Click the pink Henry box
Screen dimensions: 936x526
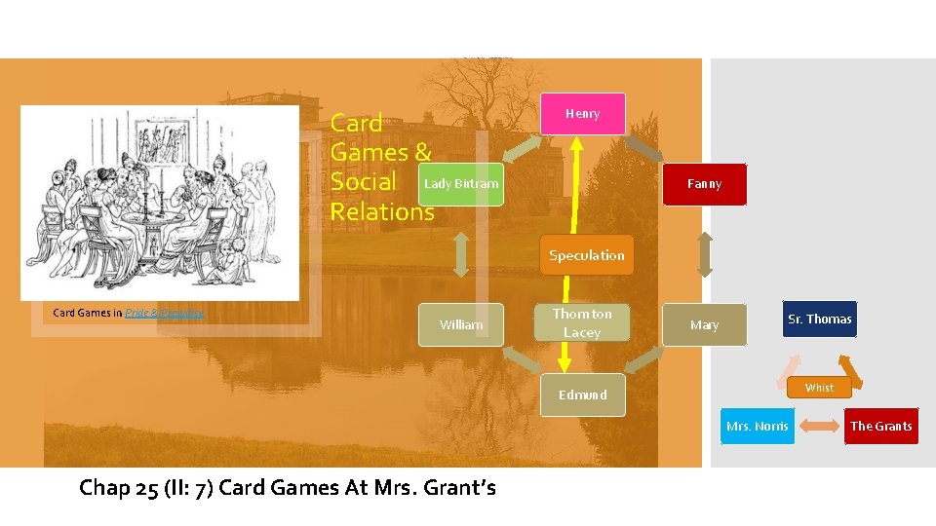pyautogui.click(x=582, y=114)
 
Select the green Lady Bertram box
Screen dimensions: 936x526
pyautogui.click(x=461, y=183)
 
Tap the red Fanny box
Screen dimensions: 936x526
pyautogui.click(x=704, y=183)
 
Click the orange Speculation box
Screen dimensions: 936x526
pyautogui.click(x=586, y=255)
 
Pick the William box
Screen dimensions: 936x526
pyautogui.click(x=461, y=325)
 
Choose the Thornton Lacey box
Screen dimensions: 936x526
pyautogui.click(x=582, y=323)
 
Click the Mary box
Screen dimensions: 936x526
pyautogui.click(x=704, y=325)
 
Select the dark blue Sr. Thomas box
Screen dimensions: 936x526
pyautogui.click(x=819, y=319)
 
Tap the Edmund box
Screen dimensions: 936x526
pyautogui.click(x=582, y=394)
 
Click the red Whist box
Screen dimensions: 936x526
pyautogui.click(x=819, y=388)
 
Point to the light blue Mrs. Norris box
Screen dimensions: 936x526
pyautogui.click(x=758, y=427)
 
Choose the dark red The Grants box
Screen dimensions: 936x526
pyautogui.click(x=880, y=427)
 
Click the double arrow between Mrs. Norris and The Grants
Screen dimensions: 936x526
pyautogui.click(x=819, y=427)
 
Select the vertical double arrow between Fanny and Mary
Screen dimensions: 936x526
pyautogui.click(x=704, y=254)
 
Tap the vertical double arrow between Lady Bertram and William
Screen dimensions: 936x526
pyautogui.click(x=461, y=254)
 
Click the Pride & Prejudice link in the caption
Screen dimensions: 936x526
pyautogui.click(x=164, y=313)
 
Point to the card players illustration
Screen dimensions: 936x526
pyautogui.click(x=160, y=203)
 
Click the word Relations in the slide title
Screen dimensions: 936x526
pyautogui.click(x=382, y=211)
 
